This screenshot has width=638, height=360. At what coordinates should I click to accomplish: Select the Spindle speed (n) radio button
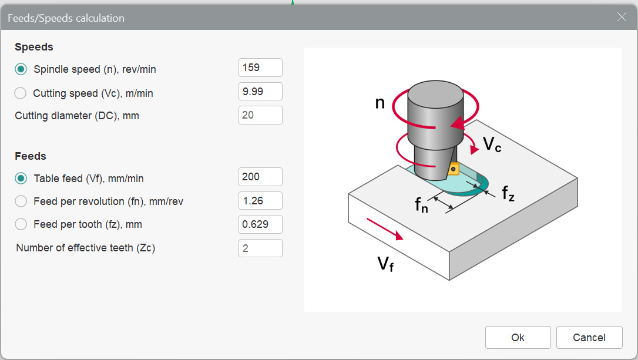click(x=21, y=69)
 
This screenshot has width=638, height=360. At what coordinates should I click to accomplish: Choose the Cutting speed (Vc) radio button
click(x=21, y=93)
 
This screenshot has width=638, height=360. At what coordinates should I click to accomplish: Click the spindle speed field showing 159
click(x=260, y=68)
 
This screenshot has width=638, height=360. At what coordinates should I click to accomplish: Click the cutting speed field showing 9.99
click(x=260, y=91)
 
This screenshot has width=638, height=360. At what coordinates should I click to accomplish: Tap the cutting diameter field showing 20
click(x=260, y=115)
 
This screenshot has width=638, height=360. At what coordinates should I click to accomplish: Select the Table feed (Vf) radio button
click(x=21, y=178)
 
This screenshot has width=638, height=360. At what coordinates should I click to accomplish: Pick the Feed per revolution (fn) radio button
click(x=21, y=201)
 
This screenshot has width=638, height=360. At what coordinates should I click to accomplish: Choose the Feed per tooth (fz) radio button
click(x=21, y=224)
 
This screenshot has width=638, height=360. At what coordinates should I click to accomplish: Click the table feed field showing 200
click(x=260, y=177)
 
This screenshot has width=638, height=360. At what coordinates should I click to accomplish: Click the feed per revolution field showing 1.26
click(x=260, y=201)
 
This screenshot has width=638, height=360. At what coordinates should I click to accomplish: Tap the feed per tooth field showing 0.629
click(x=260, y=224)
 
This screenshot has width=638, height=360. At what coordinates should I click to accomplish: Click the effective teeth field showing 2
click(x=260, y=248)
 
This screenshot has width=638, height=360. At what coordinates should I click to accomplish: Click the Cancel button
click(x=589, y=337)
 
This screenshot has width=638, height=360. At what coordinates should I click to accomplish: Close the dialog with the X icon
click(x=622, y=17)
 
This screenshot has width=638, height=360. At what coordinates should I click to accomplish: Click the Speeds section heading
click(x=34, y=47)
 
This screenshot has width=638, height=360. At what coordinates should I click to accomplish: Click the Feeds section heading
click(x=31, y=156)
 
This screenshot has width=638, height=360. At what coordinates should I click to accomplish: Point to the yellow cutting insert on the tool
click(x=453, y=170)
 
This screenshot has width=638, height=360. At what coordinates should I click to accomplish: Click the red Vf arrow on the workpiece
click(x=385, y=228)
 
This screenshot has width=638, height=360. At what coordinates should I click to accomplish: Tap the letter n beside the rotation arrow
click(x=380, y=103)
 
